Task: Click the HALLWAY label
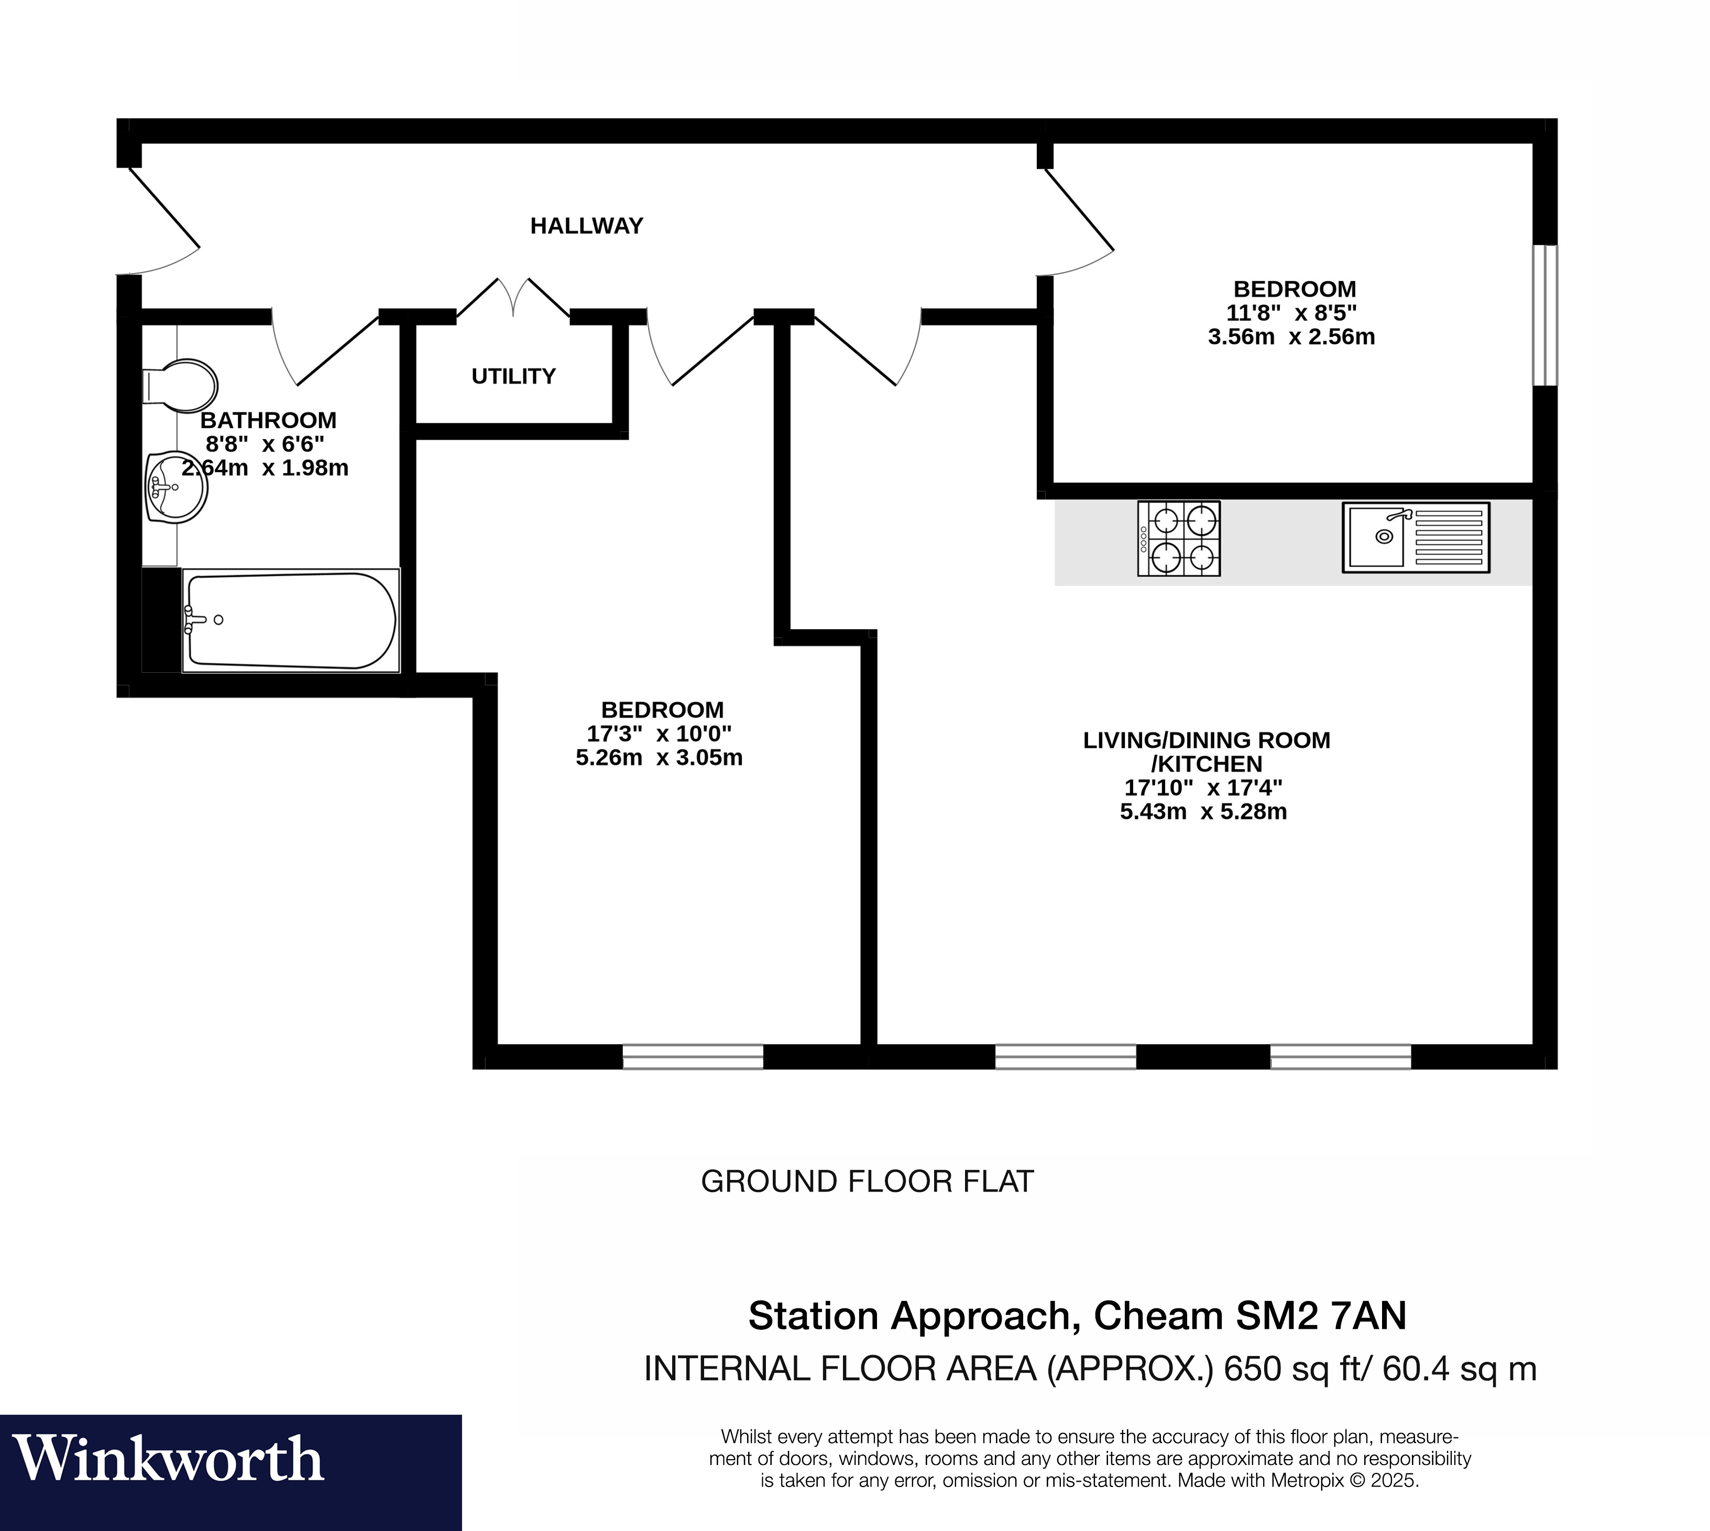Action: coord(586,225)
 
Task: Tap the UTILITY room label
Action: coord(513,376)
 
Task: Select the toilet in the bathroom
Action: coord(181,386)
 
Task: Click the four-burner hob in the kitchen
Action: coord(1178,539)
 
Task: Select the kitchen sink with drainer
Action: coord(1416,538)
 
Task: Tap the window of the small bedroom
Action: coord(1544,315)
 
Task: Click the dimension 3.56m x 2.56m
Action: coord(1291,337)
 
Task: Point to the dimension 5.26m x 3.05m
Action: coord(659,758)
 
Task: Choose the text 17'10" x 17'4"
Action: coord(1203,788)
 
